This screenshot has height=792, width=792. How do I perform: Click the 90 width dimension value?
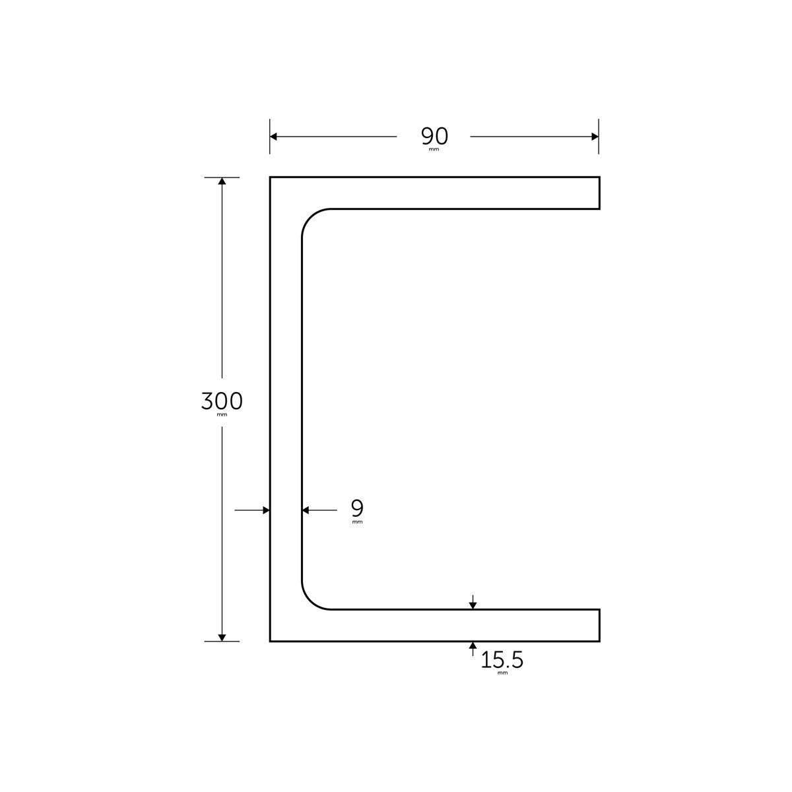pos(434,136)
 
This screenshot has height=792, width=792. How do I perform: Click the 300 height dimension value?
pos(222,401)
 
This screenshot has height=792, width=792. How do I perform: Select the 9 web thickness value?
pos(357,508)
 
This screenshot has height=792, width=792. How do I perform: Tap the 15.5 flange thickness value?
pos(502,660)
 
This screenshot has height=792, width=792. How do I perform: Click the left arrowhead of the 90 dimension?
pos(274,137)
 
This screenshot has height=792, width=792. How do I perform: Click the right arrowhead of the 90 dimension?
pos(594,137)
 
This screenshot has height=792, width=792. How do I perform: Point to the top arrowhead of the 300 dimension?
pos(222,182)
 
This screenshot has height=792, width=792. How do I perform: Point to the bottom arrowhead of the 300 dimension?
pos(222,636)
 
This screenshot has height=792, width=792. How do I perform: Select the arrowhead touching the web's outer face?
pos(266,510)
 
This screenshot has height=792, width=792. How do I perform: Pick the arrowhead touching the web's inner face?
pos(306,510)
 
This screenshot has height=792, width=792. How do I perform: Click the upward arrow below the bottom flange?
pos(473,645)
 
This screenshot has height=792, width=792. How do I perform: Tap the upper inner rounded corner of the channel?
pos(311,218)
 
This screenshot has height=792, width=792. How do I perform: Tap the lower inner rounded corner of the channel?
pos(311,601)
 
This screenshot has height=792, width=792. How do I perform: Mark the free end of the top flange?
pos(599,193)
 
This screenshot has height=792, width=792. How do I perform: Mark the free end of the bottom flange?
pos(599,625)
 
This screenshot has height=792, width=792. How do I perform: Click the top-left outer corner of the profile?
pos(271,178)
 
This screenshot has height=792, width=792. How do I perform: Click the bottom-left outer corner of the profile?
pos(271,641)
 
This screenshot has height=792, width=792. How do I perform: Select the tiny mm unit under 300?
pos(222,416)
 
